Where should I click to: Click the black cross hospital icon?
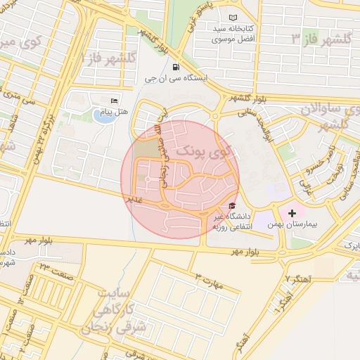pyautogui.click(x=292, y=212)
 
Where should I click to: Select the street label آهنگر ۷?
pyautogui.click(x=298, y=278)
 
